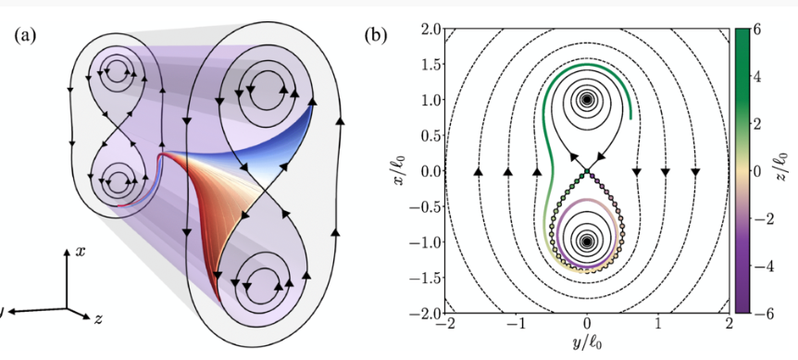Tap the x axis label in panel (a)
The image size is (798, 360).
80,251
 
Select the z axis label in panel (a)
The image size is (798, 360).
99,318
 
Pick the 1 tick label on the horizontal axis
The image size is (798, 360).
658,324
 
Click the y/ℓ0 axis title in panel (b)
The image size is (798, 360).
587,343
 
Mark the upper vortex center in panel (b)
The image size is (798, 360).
587,100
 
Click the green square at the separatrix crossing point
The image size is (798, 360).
587,171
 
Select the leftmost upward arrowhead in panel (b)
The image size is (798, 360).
478,171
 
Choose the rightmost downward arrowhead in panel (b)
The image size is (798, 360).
695,172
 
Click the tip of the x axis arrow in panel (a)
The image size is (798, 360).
67,250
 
